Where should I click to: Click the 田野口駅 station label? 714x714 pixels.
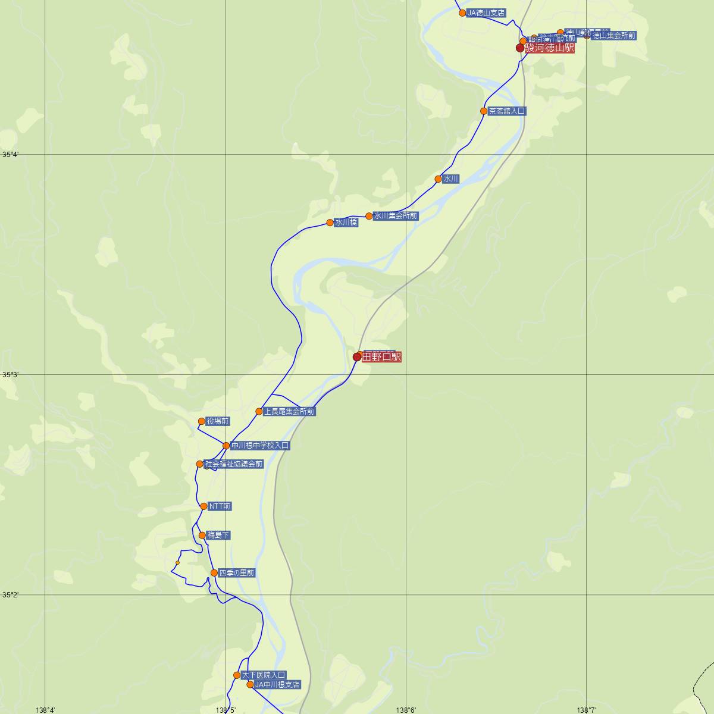click(381, 357)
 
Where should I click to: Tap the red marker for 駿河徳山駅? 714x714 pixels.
click(520, 48)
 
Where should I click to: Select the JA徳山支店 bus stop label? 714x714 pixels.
click(486, 12)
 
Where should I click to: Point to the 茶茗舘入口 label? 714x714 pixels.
click(507, 111)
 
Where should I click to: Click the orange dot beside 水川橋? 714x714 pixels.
click(330, 223)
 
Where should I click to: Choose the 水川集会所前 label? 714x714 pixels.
click(396, 216)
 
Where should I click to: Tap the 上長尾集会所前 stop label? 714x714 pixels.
click(289, 411)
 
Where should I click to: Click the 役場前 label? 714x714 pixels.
click(217, 421)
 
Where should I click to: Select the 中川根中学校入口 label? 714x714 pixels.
click(260, 445)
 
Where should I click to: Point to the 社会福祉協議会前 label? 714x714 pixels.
click(233, 464)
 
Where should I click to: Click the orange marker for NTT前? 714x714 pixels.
click(204, 506)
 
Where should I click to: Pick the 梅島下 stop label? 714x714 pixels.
click(218, 535)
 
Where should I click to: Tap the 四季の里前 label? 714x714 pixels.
click(237, 573)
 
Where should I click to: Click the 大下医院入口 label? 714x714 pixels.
click(264, 675)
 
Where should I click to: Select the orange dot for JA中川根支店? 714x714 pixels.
click(250, 685)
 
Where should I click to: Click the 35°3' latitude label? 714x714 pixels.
click(10, 375)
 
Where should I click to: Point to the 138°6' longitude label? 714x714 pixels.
click(406, 709)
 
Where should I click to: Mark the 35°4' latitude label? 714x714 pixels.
click(10, 155)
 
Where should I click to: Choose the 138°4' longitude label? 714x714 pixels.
click(46, 709)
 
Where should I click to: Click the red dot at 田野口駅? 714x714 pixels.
click(357, 357)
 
